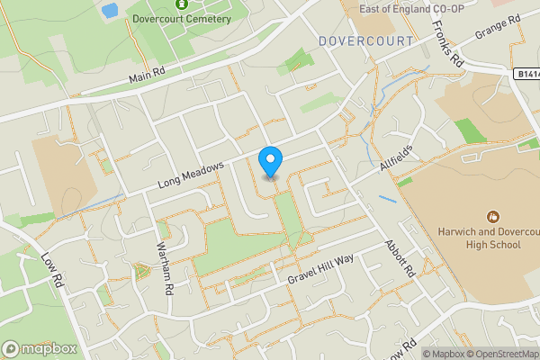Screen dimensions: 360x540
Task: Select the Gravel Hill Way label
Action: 321,268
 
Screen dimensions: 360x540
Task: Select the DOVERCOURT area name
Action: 365,41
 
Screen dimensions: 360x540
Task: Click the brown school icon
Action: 492,217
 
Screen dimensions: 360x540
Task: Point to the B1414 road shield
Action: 527,75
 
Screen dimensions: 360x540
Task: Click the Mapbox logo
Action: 40,348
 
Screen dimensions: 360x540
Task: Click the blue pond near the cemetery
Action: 110,11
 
